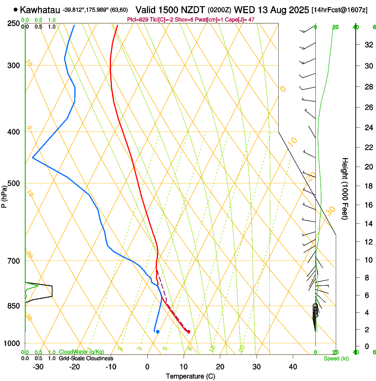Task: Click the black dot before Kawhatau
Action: [16, 9]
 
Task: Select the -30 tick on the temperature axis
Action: [38, 366]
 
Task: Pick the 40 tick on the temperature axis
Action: [293, 366]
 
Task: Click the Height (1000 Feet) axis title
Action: [345, 188]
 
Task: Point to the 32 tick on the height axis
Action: [367, 45]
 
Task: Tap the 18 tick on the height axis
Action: [367, 186]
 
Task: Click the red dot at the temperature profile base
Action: [188, 331]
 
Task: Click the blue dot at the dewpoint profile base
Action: [157, 331]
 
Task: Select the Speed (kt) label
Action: [336, 358]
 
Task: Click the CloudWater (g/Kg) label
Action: [81, 352]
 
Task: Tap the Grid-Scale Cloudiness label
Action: [86, 358]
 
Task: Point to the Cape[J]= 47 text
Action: [242, 19]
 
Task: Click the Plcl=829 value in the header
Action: [138, 19]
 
